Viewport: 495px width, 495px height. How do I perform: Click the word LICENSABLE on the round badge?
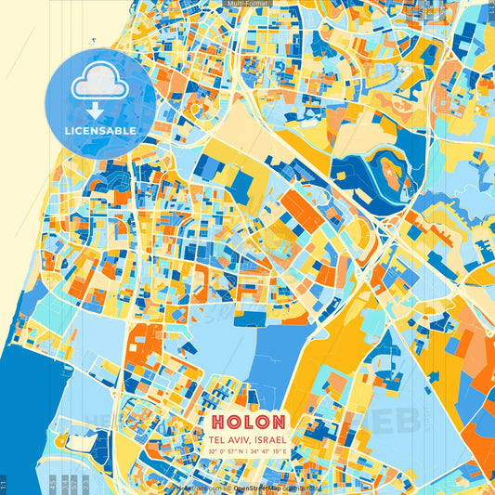click(x=100, y=130)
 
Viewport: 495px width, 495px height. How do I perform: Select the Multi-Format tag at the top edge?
click(x=247, y=4)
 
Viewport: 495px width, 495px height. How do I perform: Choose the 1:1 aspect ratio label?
click(x=5, y=485)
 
